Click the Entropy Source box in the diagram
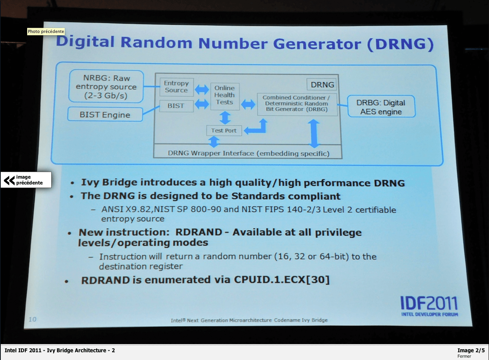[x=176, y=87]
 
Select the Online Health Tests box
[x=225, y=96]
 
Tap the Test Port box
[x=224, y=131]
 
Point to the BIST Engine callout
[x=105, y=114]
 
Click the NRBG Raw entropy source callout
[x=106, y=86]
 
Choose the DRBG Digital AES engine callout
[x=381, y=107]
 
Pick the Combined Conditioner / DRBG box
[x=297, y=104]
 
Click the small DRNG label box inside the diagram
[x=321, y=84]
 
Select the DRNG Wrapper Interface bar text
[x=249, y=153]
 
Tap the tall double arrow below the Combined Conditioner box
[x=314, y=133]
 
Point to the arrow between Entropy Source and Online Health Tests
[x=202, y=89]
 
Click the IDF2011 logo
[x=429, y=306]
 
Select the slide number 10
[x=32, y=319]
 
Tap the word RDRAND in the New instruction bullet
[x=199, y=232]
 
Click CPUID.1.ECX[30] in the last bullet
[x=282, y=280]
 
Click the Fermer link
[x=464, y=356]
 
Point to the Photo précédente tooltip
[x=46, y=31]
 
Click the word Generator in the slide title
[x=317, y=44]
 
